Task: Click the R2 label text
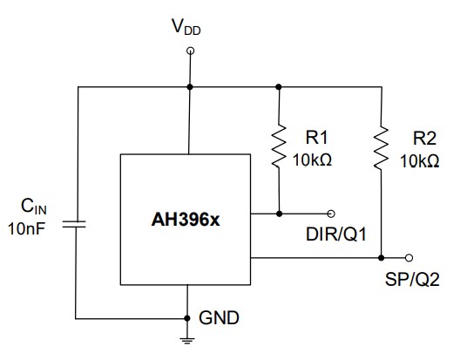point(425,137)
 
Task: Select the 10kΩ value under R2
point(420,160)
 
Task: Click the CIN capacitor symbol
point(78,224)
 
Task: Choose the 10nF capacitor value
point(31,228)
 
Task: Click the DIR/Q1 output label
point(334,234)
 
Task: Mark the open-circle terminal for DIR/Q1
point(331,213)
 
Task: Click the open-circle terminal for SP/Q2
point(409,258)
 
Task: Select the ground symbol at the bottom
point(188,340)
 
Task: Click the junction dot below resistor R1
point(279,213)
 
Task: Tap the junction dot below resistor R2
point(381,258)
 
